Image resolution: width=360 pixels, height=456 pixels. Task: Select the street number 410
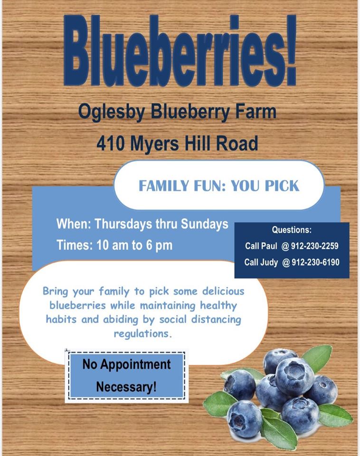111,143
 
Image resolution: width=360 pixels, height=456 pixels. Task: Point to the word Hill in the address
198,143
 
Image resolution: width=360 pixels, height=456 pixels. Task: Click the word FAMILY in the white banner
164,186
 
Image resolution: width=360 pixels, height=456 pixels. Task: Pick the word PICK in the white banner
282,186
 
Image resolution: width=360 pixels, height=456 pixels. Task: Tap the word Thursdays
123,224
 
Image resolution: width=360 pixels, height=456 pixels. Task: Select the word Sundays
204,224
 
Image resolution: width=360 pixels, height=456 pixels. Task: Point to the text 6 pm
159,245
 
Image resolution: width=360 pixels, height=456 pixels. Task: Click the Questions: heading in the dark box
292,230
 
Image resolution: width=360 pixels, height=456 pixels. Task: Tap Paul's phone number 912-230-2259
314,246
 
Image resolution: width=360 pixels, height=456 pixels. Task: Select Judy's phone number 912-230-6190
315,262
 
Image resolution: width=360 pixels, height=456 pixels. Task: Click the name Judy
269,263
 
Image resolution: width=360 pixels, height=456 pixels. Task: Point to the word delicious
223,291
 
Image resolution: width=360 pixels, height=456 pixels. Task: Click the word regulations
143,334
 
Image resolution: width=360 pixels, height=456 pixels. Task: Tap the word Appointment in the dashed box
135,364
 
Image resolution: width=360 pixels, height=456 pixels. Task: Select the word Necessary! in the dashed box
126,387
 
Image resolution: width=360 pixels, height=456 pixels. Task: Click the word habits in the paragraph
61,319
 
